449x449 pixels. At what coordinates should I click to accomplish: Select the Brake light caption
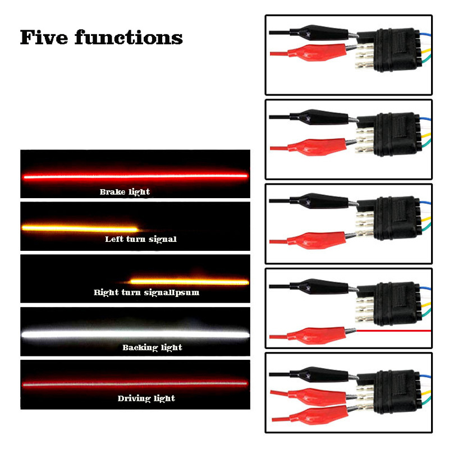pyautogui.click(x=125, y=192)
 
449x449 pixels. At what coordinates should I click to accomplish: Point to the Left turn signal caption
pyautogui.click(x=141, y=240)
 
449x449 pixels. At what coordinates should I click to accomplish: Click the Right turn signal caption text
pyautogui.click(x=146, y=292)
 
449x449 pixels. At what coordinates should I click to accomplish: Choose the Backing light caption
pyautogui.click(x=152, y=347)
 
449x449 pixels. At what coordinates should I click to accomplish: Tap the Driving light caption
pyautogui.click(x=146, y=398)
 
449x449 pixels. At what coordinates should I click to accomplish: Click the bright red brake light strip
pyautogui.click(x=135, y=176)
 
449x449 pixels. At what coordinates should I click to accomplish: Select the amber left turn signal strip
pyautogui.click(x=79, y=228)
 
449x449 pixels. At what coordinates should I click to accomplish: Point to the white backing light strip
pyautogui.click(x=135, y=334)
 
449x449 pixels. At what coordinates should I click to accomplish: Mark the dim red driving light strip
pyautogui.click(x=135, y=384)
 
